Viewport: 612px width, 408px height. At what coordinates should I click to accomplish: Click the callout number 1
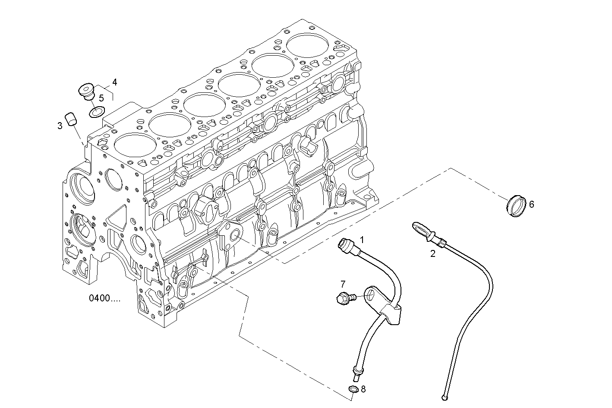pyautogui.click(x=362, y=240)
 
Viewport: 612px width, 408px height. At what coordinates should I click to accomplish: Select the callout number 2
pyautogui.click(x=433, y=254)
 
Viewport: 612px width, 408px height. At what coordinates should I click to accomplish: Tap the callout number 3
pyautogui.click(x=60, y=126)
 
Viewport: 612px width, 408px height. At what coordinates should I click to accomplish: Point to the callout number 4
pyautogui.click(x=114, y=82)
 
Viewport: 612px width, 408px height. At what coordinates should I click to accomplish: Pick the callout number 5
pyautogui.click(x=101, y=98)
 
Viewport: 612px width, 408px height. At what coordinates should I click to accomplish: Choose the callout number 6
pyautogui.click(x=532, y=204)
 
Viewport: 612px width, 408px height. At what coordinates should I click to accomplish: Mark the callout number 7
pyautogui.click(x=343, y=284)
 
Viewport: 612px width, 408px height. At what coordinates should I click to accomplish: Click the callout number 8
pyautogui.click(x=363, y=389)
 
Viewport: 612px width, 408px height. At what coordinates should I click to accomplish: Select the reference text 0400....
pyautogui.click(x=105, y=298)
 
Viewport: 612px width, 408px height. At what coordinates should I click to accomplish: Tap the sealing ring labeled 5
pyautogui.click(x=96, y=112)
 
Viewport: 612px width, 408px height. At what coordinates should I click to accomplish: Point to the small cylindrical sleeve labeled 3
pyautogui.click(x=71, y=118)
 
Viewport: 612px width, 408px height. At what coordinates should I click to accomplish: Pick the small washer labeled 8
pyautogui.click(x=353, y=390)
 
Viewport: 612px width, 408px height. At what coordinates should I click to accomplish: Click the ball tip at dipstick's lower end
pyautogui.click(x=445, y=397)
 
